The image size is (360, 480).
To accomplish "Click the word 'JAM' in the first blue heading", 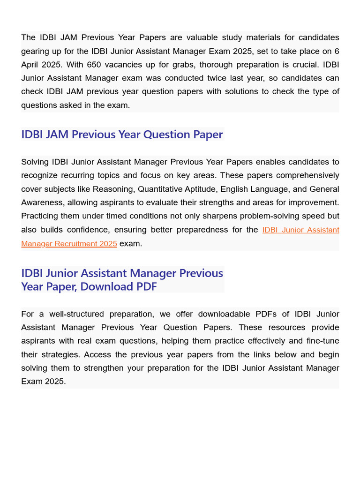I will coord(56,135).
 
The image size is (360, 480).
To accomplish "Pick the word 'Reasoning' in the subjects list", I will coord(112,189).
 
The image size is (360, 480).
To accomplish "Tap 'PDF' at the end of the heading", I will coord(146,286).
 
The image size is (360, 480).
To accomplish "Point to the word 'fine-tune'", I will coord(321,341).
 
